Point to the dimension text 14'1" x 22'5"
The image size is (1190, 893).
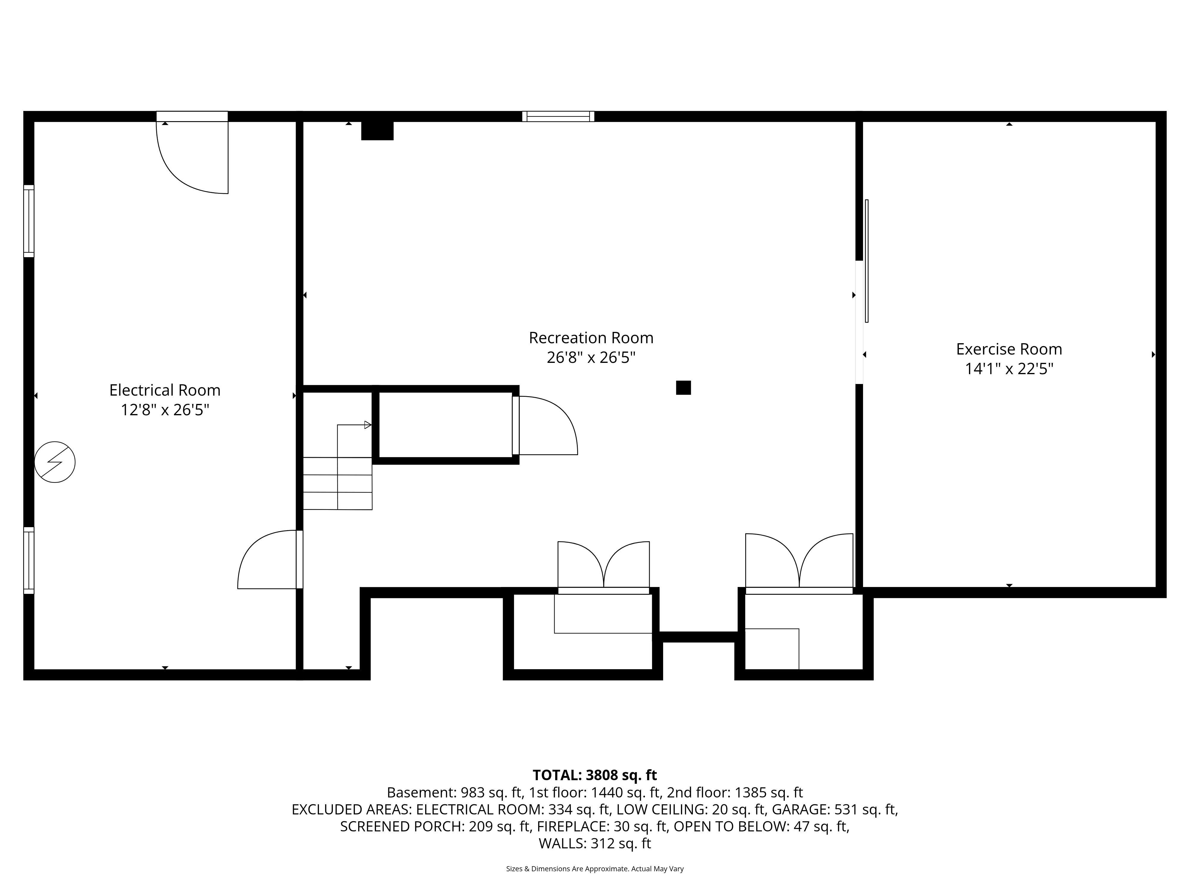point(1009,369)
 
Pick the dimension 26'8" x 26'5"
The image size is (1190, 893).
point(591,357)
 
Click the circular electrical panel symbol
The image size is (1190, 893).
point(55,462)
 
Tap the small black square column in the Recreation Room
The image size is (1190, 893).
point(683,388)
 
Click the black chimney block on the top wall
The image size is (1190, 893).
point(377,131)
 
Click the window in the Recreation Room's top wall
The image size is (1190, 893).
point(558,116)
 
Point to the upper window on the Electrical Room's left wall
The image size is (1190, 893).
point(29,221)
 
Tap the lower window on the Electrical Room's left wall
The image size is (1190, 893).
point(29,560)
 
